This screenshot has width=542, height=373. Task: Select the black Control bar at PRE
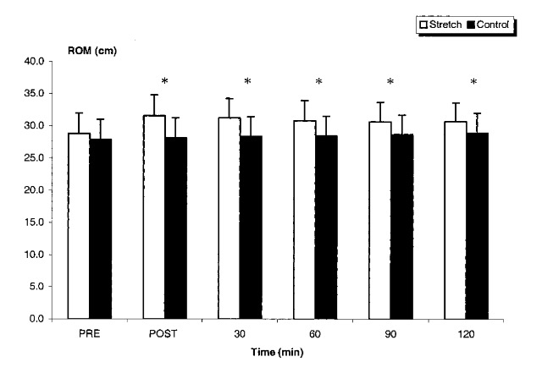click(100, 228)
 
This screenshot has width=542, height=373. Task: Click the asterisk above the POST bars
click(164, 82)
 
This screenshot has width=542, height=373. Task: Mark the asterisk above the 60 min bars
click(318, 82)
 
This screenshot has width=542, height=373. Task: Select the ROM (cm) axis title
click(93, 51)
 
